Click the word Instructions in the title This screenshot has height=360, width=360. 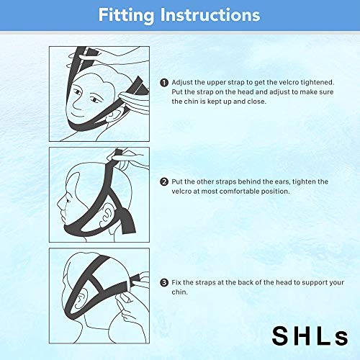click(x=215, y=14)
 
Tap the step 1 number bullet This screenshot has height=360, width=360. click(x=165, y=82)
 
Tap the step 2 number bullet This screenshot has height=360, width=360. click(x=165, y=181)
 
